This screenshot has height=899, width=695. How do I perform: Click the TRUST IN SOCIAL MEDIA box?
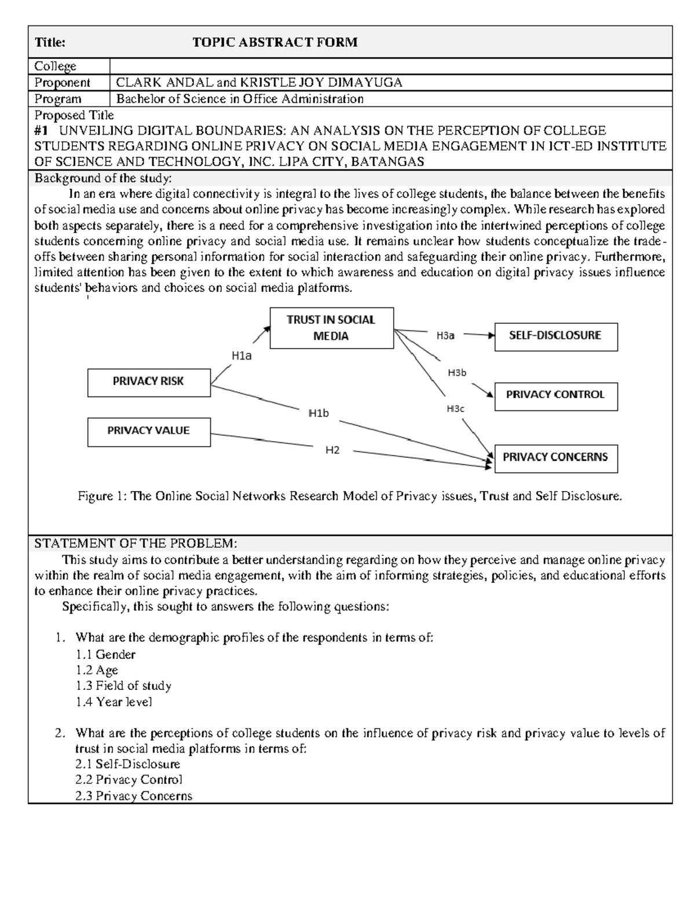tap(331, 328)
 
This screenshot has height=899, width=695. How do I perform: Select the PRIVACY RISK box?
tap(149, 382)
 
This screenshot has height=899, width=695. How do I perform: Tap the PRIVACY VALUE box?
tap(149, 431)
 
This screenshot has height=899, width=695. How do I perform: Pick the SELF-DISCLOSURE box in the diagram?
tap(555, 336)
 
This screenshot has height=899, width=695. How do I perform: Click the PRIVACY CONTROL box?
tap(555, 396)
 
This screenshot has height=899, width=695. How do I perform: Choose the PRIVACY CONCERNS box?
tap(555, 458)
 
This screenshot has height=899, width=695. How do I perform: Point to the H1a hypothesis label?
tap(242, 357)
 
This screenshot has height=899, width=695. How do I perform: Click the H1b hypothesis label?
tap(318, 413)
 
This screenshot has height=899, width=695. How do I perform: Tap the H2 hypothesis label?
tap(332, 450)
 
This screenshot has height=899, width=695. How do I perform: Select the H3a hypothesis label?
tap(445, 335)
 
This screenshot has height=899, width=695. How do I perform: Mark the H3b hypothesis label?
tap(456, 373)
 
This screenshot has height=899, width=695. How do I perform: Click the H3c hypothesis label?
tap(455, 409)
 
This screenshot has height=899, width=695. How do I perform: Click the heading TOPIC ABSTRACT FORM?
tap(275, 42)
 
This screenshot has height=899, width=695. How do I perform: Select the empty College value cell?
tap(390, 66)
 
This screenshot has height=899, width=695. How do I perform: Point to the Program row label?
tap(58, 99)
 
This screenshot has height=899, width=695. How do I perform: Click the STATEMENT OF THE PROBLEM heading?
tap(136, 544)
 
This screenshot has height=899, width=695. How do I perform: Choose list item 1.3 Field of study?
tap(123, 686)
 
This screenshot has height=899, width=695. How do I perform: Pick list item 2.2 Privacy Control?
tap(129, 780)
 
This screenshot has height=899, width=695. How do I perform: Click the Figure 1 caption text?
tap(350, 497)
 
